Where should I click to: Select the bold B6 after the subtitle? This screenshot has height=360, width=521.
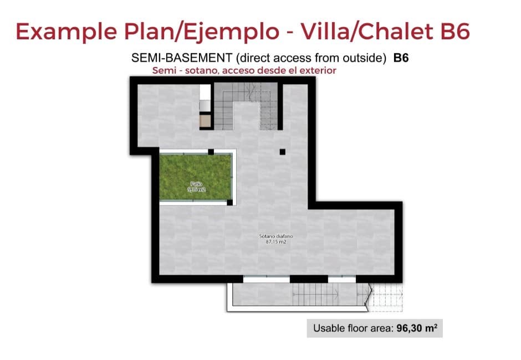(401, 58)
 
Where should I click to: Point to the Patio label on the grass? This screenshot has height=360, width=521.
(196, 183)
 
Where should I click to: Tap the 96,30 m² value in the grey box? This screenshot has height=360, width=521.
(417, 328)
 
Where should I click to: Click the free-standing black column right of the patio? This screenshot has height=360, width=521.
(282, 152)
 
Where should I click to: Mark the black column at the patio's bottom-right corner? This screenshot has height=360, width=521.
(229, 203)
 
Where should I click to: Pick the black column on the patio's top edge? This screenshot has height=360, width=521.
(211, 151)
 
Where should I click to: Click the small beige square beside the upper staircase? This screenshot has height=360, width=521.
(205, 121)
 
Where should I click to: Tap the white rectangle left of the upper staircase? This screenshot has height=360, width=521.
(205, 98)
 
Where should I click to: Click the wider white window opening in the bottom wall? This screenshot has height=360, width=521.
(267, 279)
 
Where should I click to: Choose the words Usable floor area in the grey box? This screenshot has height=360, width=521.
(353, 328)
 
